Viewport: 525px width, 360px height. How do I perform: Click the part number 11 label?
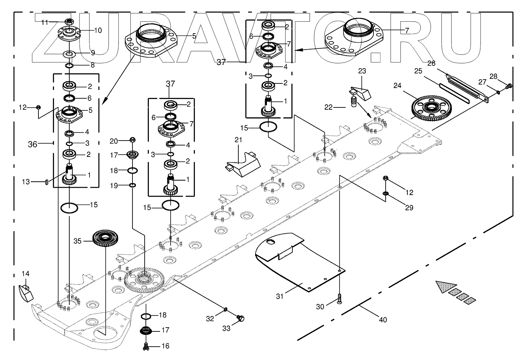tap(45, 22)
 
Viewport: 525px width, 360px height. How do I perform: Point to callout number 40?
tap(383, 319)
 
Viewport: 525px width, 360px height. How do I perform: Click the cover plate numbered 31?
tap(297, 263)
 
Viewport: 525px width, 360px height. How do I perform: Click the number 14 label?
tap(25, 274)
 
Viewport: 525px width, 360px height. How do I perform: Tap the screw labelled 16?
tap(145, 346)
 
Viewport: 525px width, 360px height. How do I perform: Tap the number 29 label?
tap(409, 208)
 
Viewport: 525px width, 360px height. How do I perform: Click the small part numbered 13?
tap(46, 182)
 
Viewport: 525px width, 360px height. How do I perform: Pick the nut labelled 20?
tap(132, 140)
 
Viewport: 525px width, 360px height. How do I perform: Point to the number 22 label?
tap(329, 107)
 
